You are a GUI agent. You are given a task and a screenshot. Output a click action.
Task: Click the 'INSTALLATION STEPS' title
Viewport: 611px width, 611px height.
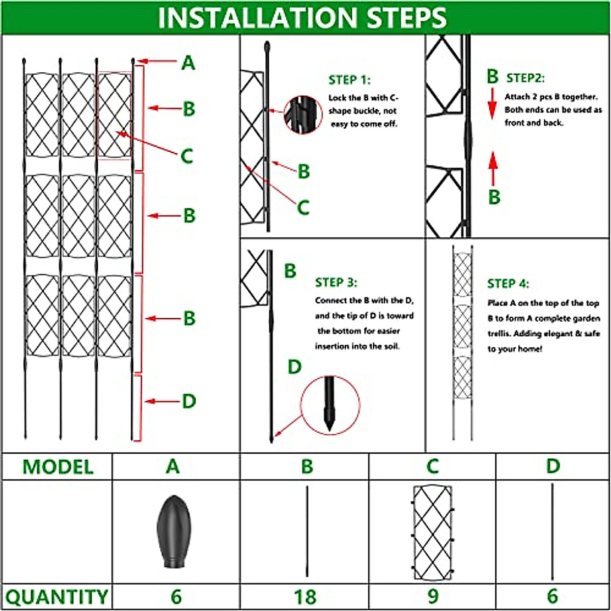click(x=302, y=17)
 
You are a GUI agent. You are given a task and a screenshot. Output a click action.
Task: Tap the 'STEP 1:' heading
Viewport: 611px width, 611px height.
click(x=349, y=80)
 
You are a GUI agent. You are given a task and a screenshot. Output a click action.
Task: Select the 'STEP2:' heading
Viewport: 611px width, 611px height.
click(x=525, y=78)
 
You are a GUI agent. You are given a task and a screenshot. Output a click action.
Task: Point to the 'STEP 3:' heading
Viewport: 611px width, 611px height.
click(x=336, y=282)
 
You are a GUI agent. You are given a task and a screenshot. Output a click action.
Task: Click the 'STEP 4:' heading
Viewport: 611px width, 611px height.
click(x=508, y=284)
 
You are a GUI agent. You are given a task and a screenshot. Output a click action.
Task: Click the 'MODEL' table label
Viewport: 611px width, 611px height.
click(x=58, y=467)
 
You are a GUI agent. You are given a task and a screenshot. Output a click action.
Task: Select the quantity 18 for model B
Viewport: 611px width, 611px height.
click(x=305, y=597)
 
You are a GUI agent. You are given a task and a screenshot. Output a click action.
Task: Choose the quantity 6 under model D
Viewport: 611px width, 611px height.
click(x=552, y=596)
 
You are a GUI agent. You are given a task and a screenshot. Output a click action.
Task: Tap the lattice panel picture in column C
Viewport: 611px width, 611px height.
click(x=433, y=532)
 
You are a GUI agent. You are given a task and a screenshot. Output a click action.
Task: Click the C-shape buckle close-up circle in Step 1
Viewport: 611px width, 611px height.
click(x=303, y=115)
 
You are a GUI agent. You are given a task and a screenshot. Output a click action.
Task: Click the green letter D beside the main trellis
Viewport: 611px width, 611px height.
click(x=189, y=401)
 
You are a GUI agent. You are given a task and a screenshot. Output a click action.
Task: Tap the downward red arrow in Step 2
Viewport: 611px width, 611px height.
click(x=492, y=104)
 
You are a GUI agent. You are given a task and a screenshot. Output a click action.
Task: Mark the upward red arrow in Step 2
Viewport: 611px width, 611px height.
click(x=493, y=169)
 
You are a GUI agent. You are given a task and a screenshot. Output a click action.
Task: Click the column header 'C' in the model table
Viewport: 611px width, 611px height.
click(x=433, y=466)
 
